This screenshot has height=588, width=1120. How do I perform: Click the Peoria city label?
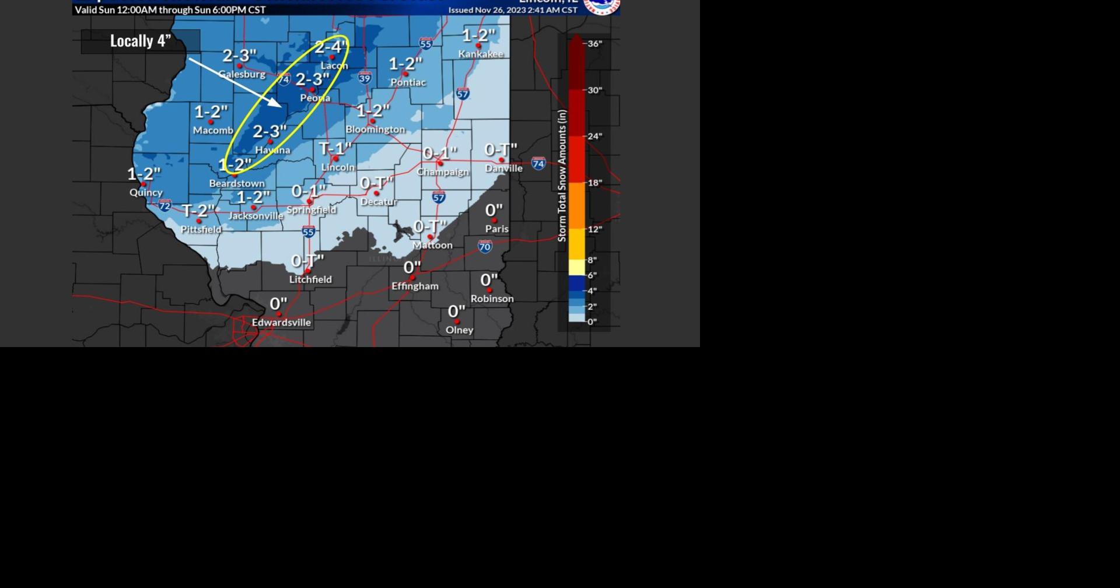315,98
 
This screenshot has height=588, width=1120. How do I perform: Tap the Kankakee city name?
480,54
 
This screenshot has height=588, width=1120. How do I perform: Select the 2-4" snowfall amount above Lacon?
331,47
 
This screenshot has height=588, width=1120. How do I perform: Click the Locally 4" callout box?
141,41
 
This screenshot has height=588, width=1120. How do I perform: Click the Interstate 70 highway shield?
485,247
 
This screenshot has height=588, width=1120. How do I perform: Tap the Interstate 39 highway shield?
365,78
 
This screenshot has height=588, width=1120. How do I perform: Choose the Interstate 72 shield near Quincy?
165,205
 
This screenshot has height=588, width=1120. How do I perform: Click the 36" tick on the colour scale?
594,44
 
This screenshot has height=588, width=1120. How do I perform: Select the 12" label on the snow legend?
594,229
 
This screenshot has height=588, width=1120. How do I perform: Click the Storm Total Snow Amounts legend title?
562,176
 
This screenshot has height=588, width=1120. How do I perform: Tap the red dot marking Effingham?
412,278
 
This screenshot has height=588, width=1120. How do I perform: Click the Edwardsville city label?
281,323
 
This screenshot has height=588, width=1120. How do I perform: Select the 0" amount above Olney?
456,312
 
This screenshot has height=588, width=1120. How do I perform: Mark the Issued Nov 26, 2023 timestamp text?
512,10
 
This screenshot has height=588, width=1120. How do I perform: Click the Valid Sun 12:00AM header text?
170,10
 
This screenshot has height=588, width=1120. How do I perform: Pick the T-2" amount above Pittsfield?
198,211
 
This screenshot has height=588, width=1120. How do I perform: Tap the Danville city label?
504,169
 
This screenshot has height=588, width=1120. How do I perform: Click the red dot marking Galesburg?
239,66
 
